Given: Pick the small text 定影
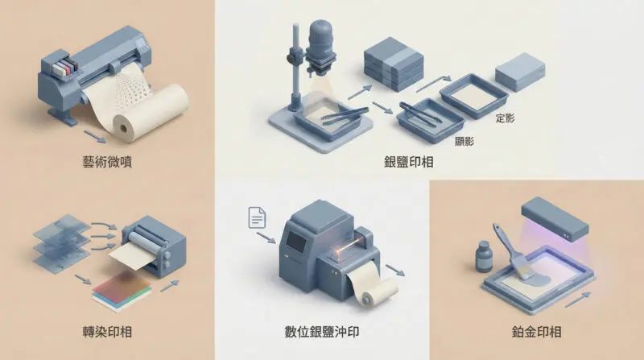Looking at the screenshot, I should pyautogui.click(x=506, y=118).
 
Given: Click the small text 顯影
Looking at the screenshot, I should pyautogui.click(x=464, y=141).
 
